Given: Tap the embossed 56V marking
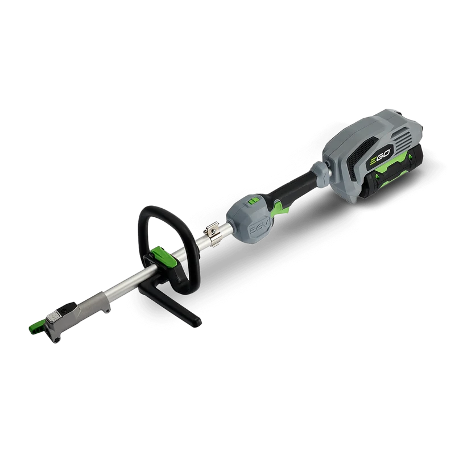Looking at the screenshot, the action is pos(259,229).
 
